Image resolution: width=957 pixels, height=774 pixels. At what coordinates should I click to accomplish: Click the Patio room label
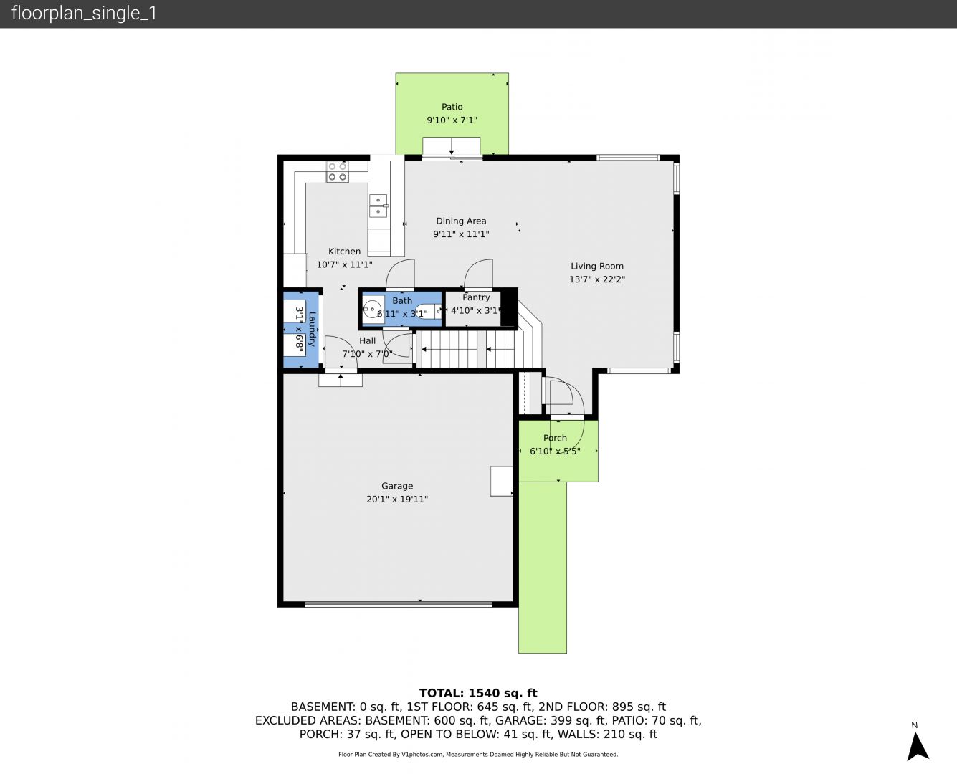(452, 107)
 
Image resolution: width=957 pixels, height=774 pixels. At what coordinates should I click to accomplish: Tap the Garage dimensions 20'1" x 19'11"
(397, 499)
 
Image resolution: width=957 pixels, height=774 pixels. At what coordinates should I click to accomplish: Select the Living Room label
(597, 266)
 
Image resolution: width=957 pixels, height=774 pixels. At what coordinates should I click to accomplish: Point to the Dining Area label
(461, 221)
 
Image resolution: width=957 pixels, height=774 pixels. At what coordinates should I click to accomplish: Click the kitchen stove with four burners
(338, 171)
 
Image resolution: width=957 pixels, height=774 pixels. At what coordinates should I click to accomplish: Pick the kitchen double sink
(378, 206)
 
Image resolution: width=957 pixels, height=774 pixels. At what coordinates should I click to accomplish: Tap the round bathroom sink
(372, 309)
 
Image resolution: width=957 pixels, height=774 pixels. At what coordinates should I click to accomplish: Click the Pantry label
(476, 297)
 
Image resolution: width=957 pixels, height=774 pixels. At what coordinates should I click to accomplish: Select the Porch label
(555, 438)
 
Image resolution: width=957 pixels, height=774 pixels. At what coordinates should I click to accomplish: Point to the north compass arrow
(917, 747)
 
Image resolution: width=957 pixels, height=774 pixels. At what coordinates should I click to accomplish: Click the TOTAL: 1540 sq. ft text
(478, 693)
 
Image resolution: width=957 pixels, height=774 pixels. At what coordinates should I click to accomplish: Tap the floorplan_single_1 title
(84, 14)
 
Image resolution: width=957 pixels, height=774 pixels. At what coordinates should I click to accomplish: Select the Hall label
(367, 341)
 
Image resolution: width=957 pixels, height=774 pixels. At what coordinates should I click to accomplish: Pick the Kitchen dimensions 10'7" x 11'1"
(344, 264)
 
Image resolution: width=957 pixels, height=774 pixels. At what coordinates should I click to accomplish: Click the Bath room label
(402, 300)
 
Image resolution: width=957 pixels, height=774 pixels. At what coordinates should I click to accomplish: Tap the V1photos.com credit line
(478, 754)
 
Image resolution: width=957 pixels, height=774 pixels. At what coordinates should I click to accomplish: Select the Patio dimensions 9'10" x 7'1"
(452, 120)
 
